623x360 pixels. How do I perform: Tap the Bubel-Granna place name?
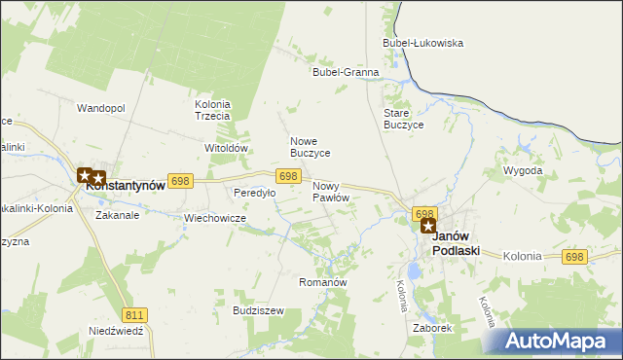pyautogui.click(x=345, y=72)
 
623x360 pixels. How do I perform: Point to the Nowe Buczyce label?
pyautogui.click(x=311, y=147)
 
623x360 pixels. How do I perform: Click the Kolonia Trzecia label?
pyautogui.click(x=212, y=110)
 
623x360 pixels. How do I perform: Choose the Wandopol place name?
pyautogui.click(x=101, y=108)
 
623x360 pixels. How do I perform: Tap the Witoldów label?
pyautogui.click(x=227, y=148)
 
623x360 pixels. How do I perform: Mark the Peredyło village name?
pyautogui.click(x=254, y=193)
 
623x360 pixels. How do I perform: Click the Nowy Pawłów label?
pyautogui.click(x=331, y=191)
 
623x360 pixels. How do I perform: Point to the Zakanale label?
pyautogui.click(x=117, y=215)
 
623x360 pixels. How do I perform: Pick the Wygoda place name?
pyautogui.click(x=523, y=170)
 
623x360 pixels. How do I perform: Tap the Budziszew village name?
pyautogui.click(x=258, y=310)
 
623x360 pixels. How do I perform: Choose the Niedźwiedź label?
pyautogui.click(x=116, y=331)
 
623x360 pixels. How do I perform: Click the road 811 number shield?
pyautogui.click(x=135, y=314)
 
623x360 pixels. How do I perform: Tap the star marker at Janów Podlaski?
pyautogui.click(x=427, y=226)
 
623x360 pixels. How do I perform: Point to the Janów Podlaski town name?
pyautogui.click(x=455, y=243)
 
